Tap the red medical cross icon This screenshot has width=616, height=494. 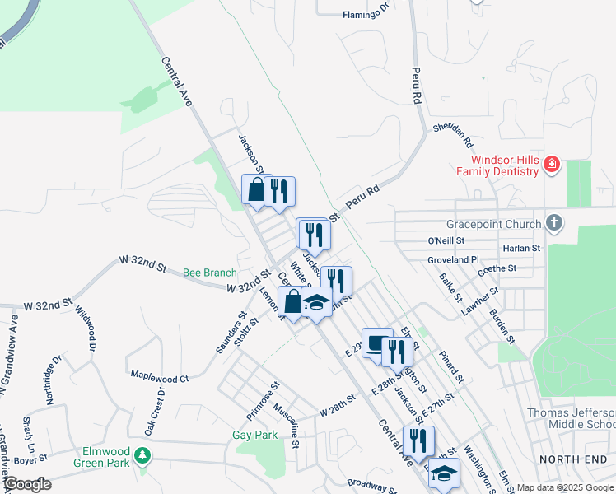(x=551, y=166)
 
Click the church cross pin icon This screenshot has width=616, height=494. (x=555, y=223)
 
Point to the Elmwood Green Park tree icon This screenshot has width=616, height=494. (x=143, y=454)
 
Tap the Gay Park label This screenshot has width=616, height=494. (x=254, y=435)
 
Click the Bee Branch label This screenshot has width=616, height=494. (x=209, y=273)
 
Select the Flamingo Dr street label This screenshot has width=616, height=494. (x=364, y=13)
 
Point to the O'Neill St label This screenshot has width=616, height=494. (x=446, y=240)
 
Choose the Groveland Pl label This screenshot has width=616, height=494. (x=453, y=259)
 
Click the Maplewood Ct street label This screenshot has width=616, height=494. (x=160, y=377)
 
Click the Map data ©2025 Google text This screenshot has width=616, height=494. (x=566, y=487)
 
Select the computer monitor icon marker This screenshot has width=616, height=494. (x=376, y=343)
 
